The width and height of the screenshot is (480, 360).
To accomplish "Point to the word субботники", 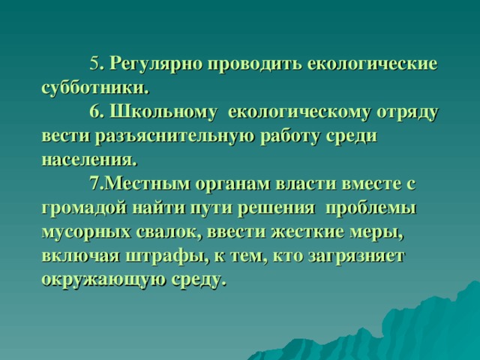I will (94, 87).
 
